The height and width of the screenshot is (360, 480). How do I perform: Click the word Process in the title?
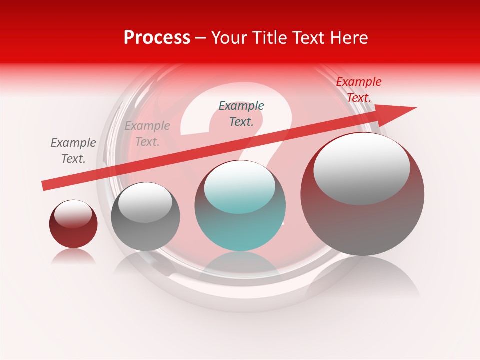point(157,38)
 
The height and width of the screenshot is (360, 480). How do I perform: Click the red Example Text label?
point(358,90)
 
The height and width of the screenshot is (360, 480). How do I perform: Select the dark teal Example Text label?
point(241,114)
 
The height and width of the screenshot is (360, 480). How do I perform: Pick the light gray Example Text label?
point(147,134)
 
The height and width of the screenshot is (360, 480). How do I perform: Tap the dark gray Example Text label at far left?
point(73,151)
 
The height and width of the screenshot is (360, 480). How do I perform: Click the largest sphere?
point(362,210)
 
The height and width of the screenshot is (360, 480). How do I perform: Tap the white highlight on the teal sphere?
point(240,186)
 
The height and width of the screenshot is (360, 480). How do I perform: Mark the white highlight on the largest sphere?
point(362,167)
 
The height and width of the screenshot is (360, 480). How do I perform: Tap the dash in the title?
point(200,38)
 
